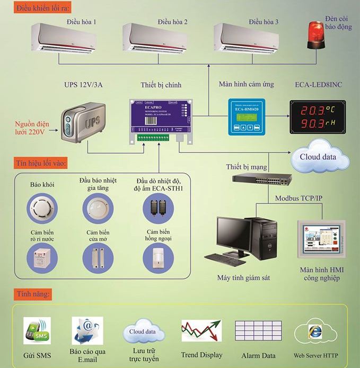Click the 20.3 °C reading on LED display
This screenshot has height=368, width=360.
coord(317,111)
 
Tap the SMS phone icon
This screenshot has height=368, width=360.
coord(37,330)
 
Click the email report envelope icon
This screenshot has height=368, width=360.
coord(87,331)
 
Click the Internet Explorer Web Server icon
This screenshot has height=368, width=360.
coord(315,333)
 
